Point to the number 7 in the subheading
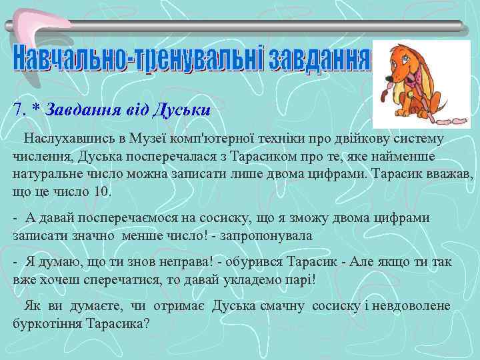(x=19, y=109)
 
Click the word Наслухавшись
(x=64, y=139)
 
